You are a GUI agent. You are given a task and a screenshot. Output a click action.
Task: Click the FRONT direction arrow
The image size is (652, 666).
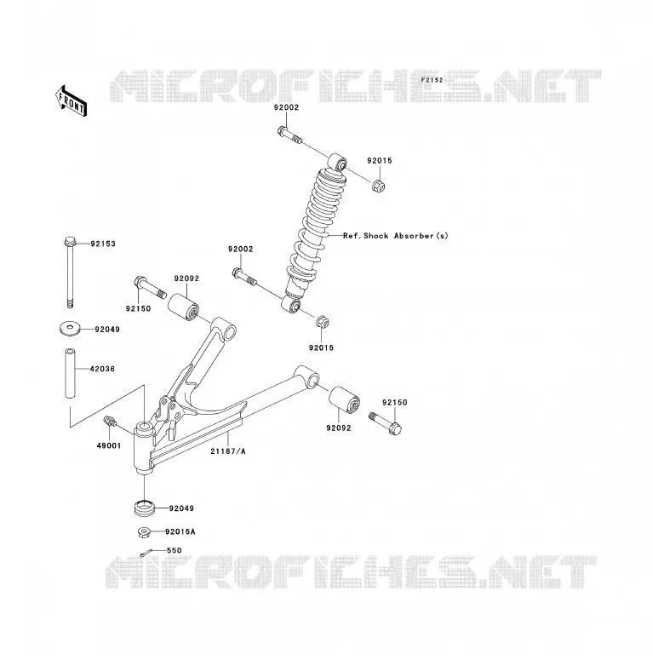(71, 102)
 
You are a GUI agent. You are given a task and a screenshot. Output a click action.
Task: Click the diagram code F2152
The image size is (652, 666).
(432, 80)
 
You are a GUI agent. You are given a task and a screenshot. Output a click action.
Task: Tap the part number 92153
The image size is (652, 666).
(103, 244)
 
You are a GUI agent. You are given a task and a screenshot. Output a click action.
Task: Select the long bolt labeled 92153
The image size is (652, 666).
(70, 272)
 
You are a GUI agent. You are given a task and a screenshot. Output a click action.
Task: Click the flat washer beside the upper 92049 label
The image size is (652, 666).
(70, 329)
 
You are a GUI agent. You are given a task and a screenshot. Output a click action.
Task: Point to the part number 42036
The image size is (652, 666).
(102, 369)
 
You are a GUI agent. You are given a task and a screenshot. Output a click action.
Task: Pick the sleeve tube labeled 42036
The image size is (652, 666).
(70, 373)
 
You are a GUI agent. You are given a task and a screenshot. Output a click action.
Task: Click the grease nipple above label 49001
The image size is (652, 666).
(110, 422)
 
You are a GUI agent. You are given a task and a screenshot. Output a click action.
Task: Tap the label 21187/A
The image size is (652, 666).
(228, 451)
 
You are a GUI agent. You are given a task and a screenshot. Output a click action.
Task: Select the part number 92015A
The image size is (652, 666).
(180, 531)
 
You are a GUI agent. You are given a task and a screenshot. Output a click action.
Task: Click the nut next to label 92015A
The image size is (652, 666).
(144, 531)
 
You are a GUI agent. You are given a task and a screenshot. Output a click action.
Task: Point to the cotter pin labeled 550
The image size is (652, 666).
(146, 553)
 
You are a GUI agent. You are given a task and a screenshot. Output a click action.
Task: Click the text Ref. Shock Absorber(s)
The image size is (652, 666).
(396, 236)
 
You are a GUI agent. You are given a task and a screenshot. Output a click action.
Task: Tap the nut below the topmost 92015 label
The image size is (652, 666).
(379, 186)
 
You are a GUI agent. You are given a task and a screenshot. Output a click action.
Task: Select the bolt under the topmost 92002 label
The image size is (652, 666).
(289, 135)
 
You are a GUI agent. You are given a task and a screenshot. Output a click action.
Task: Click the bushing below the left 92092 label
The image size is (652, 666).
(183, 307)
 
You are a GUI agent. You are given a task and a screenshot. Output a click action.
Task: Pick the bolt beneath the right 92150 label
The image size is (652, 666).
(386, 422)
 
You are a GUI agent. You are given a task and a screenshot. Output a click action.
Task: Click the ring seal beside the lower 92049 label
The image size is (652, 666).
(145, 508)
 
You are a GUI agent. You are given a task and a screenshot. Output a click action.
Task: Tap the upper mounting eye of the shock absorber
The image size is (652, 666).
(338, 162)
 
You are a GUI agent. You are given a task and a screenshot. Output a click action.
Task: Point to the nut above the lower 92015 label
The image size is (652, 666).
(323, 322)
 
